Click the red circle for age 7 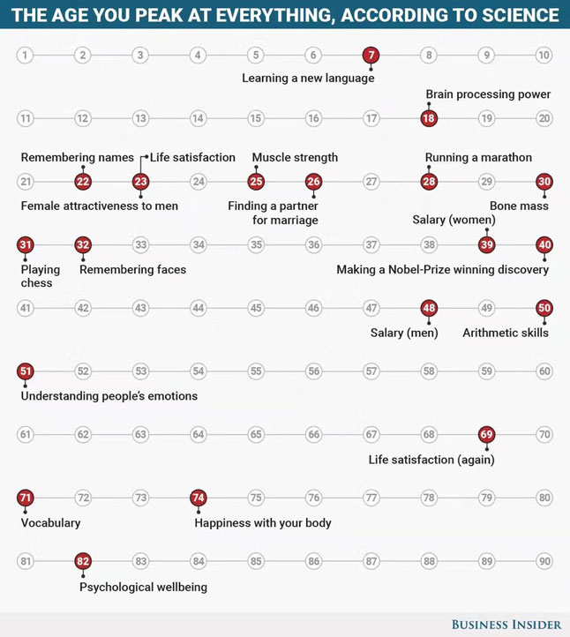coord(371,56)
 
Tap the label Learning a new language coord(308,78)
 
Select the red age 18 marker coord(429,118)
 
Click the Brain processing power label coord(488,94)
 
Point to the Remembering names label coord(78,158)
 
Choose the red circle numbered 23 coord(140,182)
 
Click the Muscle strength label coord(295,158)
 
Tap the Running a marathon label coord(478,158)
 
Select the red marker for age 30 coord(544,182)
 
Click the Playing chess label coord(41,276)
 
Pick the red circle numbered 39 coord(486,244)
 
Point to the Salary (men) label coord(404,333)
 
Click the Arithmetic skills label coord(506,333)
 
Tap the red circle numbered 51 coord(25,371)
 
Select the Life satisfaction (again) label coord(431,460)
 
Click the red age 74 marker coord(199,498)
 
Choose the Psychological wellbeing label coord(143,587)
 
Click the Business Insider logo coord(506,625)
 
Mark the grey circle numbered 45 coord(256,309)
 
